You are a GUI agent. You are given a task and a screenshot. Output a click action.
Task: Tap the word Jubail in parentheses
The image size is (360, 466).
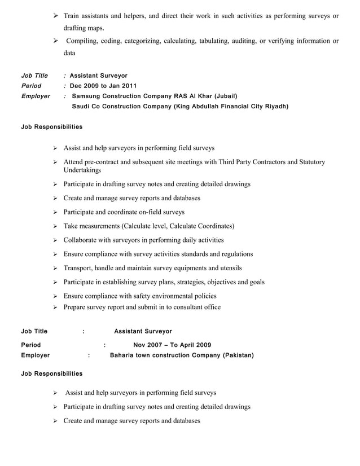coord(225,96)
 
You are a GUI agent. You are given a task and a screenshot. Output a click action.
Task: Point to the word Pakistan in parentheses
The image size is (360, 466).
coord(238,355)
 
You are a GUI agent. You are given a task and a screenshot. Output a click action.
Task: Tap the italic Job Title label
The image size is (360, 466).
coord(34,76)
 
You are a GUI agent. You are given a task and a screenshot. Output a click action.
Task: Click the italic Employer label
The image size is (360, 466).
coord(35,96)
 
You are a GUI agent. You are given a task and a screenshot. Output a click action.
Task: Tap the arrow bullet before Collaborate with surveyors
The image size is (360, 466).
coord(55,240)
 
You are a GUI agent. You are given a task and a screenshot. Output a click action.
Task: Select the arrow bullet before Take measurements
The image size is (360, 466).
coord(55,226)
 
